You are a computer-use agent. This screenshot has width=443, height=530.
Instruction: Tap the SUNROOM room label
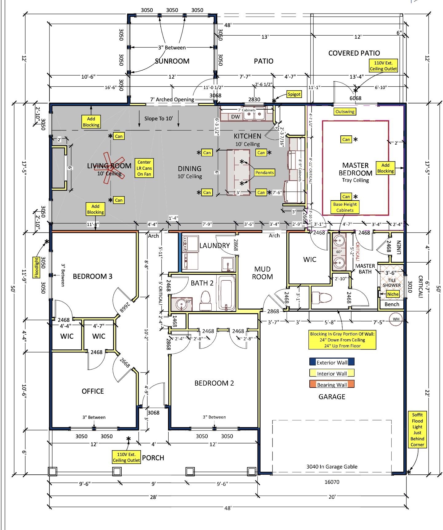(x=172, y=61)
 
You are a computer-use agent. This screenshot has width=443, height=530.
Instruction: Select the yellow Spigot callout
(x=294, y=94)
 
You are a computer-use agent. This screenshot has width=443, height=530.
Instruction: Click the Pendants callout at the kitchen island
(x=265, y=173)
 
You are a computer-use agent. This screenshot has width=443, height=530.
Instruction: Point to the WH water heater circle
(x=396, y=319)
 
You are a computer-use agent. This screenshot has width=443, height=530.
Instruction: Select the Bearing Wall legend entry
(x=332, y=385)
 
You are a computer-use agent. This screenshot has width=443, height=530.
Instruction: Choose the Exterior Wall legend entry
(x=332, y=362)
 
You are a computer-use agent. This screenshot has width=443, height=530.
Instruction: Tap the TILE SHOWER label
(x=391, y=283)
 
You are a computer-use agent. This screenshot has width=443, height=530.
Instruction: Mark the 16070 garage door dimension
(x=332, y=482)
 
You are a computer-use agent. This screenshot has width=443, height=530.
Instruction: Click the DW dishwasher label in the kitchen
(x=235, y=117)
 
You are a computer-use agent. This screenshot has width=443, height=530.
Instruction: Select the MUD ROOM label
(x=262, y=273)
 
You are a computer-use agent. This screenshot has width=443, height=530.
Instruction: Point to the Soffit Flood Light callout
(x=417, y=430)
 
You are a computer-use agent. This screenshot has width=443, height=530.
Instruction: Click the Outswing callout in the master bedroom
(x=345, y=112)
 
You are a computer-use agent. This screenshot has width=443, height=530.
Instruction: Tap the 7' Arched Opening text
(x=172, y=99)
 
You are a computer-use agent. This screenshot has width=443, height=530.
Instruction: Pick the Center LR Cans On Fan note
(x=144, y=168)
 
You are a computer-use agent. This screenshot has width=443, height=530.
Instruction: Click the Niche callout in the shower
(x=393, y=294)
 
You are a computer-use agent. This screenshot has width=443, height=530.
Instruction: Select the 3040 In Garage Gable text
(x=332, y=467)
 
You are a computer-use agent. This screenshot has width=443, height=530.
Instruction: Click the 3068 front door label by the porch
(x=153, y=412)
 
